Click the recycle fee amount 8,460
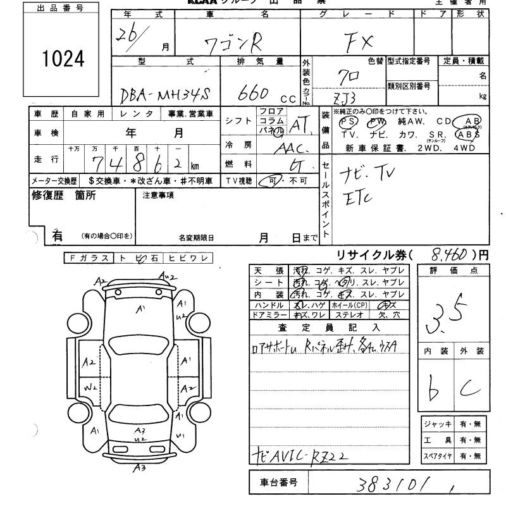click(448, 255)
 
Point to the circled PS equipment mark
click(348, 121)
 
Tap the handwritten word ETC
click(360, 197)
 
